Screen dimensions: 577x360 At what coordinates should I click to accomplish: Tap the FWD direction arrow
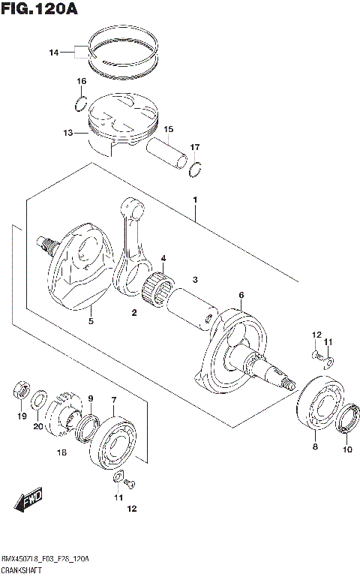28,500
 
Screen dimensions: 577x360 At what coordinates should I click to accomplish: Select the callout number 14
53,53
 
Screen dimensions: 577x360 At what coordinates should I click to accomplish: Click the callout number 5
91,321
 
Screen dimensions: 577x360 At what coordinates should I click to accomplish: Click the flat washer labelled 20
41,396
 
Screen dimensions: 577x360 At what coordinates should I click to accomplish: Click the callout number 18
62,452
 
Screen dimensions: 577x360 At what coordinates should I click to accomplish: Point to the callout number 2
134,312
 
